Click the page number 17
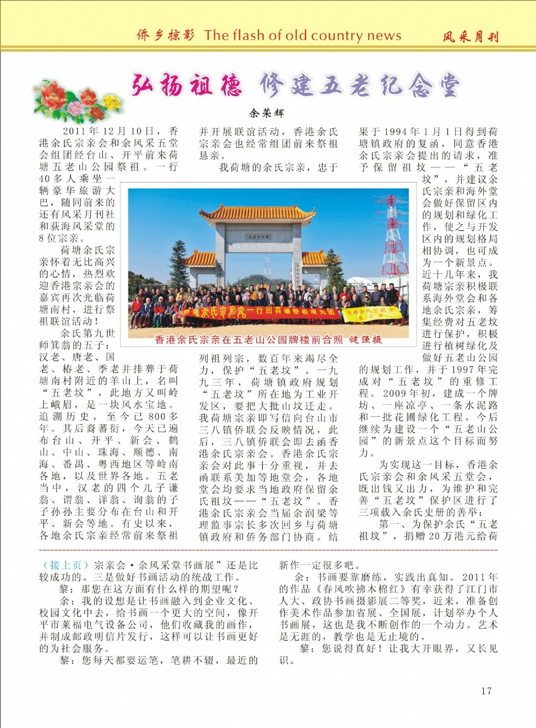[x=486, y=691]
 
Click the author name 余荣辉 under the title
[x=267, y=113]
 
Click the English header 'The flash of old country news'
[x=303, y=36]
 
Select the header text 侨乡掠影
[x=165, y=36]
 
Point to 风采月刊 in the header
[x=471, y=37]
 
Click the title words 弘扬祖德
[x=186, y=86]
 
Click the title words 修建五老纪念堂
[x=360, y=86]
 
